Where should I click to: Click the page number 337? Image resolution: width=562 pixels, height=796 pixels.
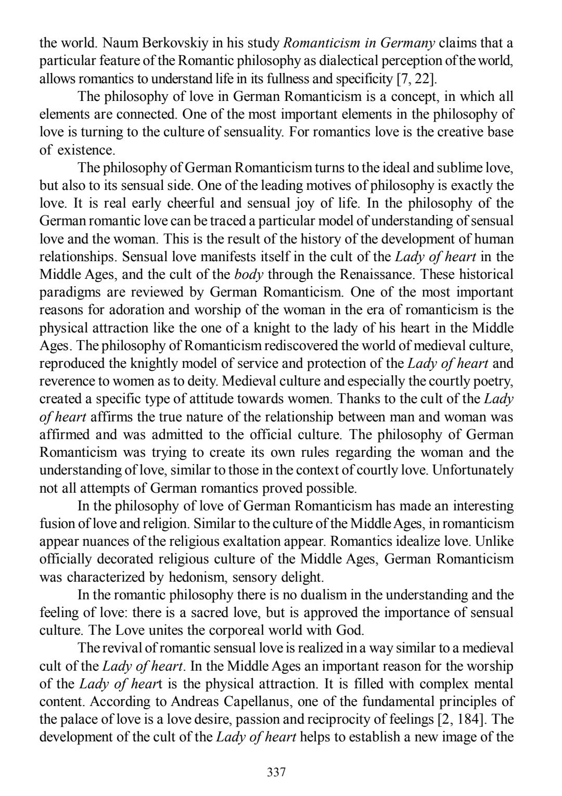pyautogui.click(x=276, y=772)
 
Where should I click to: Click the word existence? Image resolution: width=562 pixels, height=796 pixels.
pyautogui.click(x=85, y=150)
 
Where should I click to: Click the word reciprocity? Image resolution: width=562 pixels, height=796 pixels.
pyautogui.click(x=399, y=719)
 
